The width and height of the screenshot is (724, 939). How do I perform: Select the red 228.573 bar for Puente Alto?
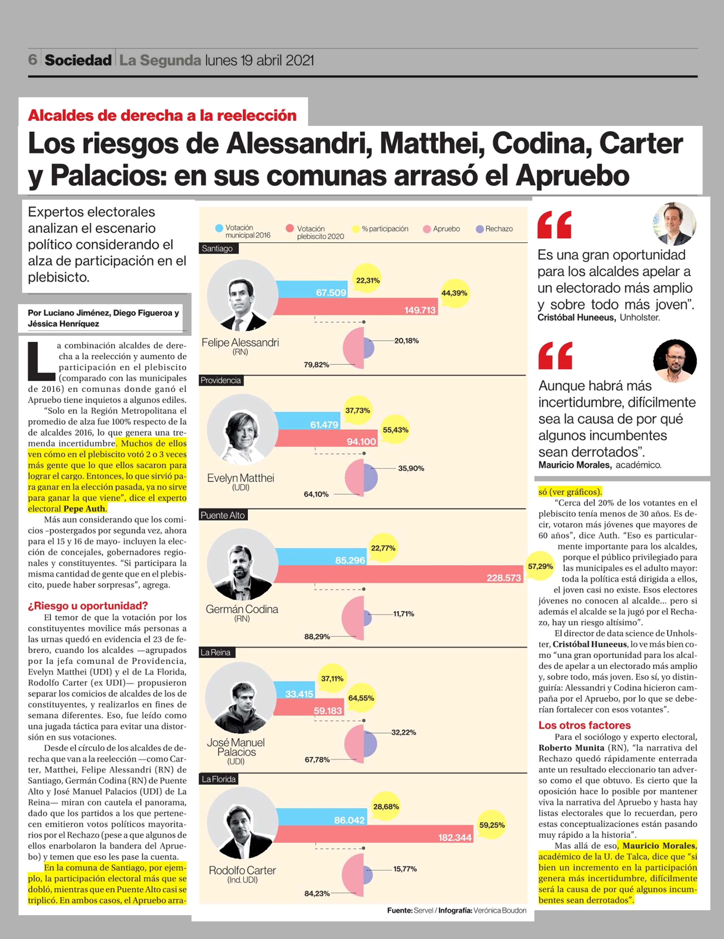pos(398,574)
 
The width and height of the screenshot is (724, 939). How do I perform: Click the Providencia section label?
pos(221,380)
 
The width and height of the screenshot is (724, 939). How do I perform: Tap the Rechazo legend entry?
pos(494,229)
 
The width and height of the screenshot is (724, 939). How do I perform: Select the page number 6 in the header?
pos(33,60)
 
